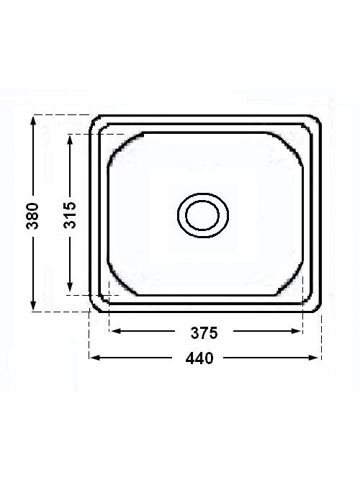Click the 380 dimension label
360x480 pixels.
pyautogui.click(x=33, y=216)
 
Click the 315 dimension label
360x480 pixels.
pyautogui.click(x=70, y=215)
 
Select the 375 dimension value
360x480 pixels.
pyautogui.click(x=204, y=332)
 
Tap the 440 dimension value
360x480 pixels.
pyautogui.click(x=199, y=358)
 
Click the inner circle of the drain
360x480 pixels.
pyautogui.click(x=202, y=215)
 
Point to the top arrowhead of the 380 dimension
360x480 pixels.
pyautogui.click(x=33, y=121)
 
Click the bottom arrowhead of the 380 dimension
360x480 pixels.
pyautogui.click(x=33, y=306)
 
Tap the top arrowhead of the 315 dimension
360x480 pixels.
pyautogui.click(x=70, y=140)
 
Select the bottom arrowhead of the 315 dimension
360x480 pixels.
pyautogui.click(x=70, y=287)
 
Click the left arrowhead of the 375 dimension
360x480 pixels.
pyautogui.click(x=116, y=331)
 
